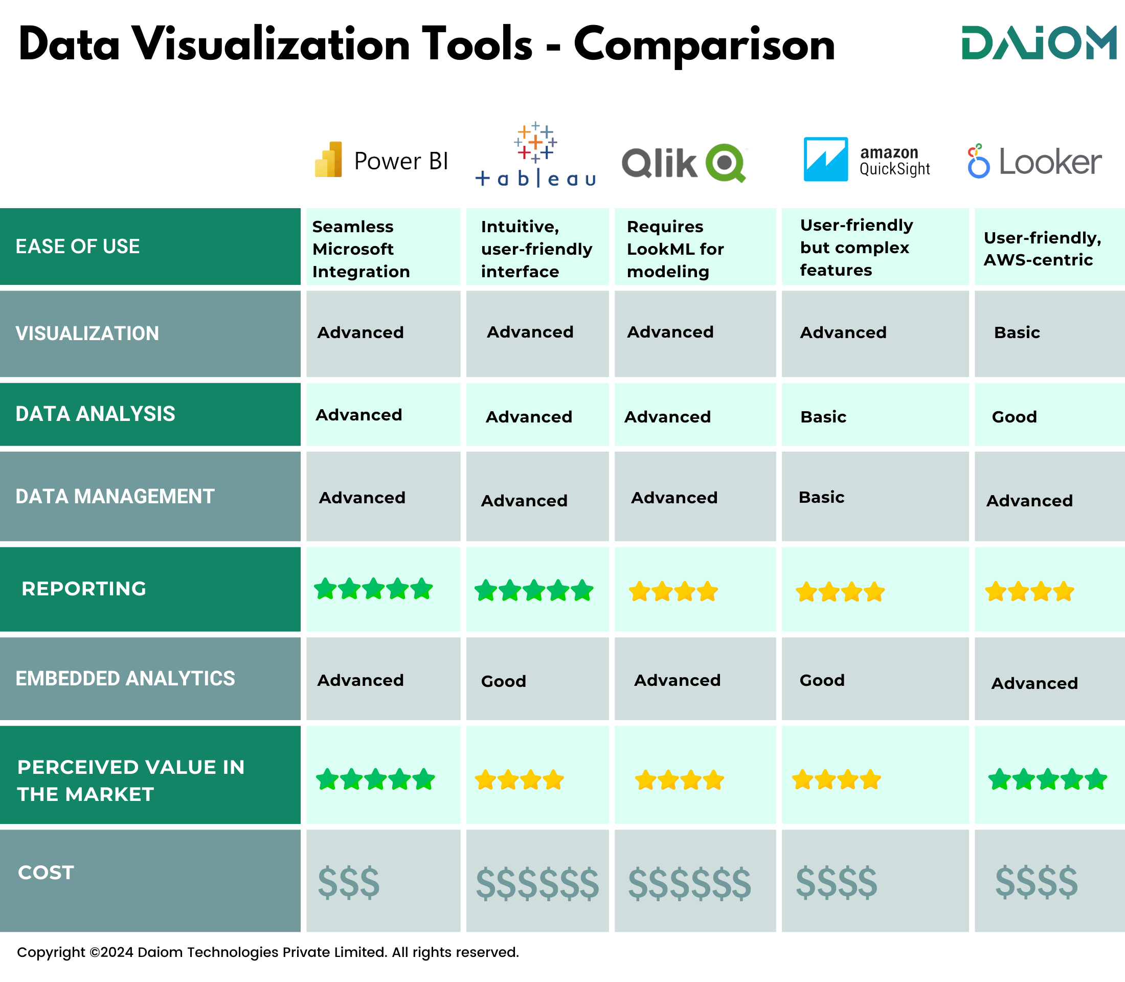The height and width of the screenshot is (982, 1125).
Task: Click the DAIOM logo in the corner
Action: (1039, 43)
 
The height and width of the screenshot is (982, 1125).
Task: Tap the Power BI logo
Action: (381, 160)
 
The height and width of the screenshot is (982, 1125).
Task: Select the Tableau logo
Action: (535, 155)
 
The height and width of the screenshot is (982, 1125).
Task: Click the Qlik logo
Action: (684, 162)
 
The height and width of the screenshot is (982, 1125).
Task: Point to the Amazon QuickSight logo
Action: (866, 160)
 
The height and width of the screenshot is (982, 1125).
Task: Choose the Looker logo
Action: (1034, 162)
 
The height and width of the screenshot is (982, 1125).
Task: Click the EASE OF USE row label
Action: (78, 247)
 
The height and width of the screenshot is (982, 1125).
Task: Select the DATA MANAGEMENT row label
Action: (115, 497)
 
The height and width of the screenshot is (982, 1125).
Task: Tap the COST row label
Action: (46, 873)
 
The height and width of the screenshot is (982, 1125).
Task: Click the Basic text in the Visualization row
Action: (1017, 332)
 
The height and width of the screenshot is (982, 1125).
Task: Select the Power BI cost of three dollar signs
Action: (349, 883)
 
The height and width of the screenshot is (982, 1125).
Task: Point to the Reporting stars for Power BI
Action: (373, 589)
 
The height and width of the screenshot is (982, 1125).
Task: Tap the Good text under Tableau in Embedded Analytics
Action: (503, 681)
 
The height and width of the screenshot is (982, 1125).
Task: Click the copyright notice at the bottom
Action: (268, 952)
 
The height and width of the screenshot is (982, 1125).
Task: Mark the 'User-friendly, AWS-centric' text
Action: (1042, 249)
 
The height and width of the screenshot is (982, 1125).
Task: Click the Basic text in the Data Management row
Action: (821, 497)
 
